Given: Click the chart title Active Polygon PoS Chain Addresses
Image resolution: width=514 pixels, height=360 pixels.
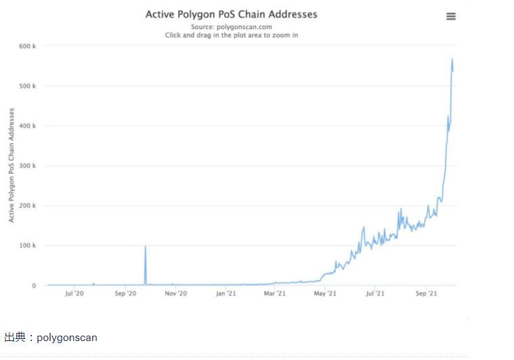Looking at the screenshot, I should tap(231, 14).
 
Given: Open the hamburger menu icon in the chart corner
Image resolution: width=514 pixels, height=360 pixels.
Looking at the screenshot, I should tap(451, 16).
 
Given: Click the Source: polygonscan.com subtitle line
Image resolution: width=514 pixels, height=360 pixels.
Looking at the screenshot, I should tap(231, 26).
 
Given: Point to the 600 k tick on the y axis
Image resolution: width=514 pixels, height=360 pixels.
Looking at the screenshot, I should tap(28, 46).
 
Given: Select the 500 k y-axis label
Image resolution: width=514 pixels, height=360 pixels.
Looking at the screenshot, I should tap(28, 86).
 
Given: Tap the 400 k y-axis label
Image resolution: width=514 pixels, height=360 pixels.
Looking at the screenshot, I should tap(28, 126).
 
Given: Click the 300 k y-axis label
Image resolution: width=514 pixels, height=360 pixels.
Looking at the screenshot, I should tap(28, 166).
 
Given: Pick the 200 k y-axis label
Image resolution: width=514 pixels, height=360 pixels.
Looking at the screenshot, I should tap(28, 206).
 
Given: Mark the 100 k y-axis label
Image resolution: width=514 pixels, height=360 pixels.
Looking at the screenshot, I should tap(28, 246).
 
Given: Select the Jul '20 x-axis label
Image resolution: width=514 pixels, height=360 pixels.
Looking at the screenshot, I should tap(74, 294).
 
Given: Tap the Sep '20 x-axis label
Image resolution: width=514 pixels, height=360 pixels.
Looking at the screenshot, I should tap(125, 294).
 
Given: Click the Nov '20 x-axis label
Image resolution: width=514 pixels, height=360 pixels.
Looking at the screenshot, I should tap(175, 294).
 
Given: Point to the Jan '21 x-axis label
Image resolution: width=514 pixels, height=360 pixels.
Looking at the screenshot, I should tap(226, 294).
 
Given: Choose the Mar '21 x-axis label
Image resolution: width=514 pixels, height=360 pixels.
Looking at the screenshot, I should tap(275, 294).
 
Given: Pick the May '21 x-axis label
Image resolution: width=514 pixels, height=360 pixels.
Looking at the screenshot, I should tap(325, 294).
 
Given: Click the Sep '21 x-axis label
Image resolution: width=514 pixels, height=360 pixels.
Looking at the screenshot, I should tap(426, 294).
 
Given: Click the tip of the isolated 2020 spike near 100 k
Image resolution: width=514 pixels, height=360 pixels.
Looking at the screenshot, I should tap(145, 246).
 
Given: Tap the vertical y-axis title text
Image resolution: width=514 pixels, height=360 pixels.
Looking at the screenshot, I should tap(12, 166).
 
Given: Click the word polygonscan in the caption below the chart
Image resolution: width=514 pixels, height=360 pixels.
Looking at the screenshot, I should tap(66, 337).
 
